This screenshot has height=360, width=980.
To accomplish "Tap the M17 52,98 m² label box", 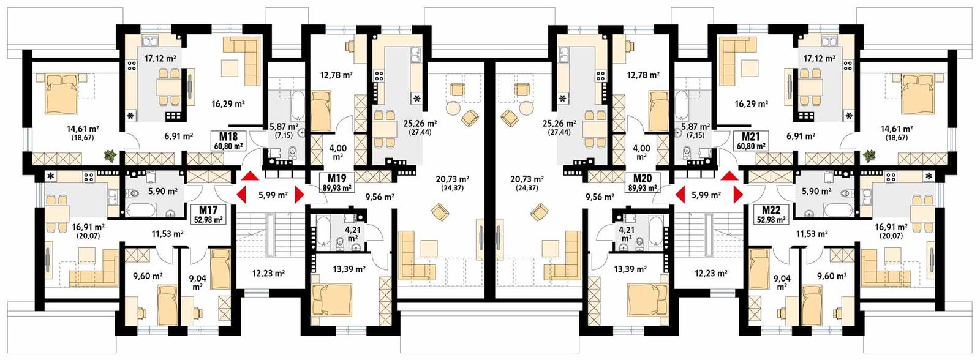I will point(209,215).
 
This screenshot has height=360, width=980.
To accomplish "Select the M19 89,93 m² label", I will point(337,183).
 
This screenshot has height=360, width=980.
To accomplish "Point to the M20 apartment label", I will point(642,183).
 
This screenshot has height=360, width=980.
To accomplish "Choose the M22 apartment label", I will point(772,215).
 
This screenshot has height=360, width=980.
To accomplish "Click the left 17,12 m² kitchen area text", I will point(160,59).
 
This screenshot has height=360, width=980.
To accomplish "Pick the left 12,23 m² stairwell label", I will point(268,273).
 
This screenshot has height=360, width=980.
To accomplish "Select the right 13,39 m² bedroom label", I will point(630,269).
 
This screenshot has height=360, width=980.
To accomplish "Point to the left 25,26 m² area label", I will point(420,123).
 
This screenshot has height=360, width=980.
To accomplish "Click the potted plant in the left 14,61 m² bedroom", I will point(110,156).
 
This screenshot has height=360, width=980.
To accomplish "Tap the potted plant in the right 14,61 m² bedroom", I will point(869,157).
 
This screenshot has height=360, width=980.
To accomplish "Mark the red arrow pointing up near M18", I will point(250,176).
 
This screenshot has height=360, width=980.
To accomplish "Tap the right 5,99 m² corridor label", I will point(706,195).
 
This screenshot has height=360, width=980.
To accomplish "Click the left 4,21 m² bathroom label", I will point(352,233).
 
